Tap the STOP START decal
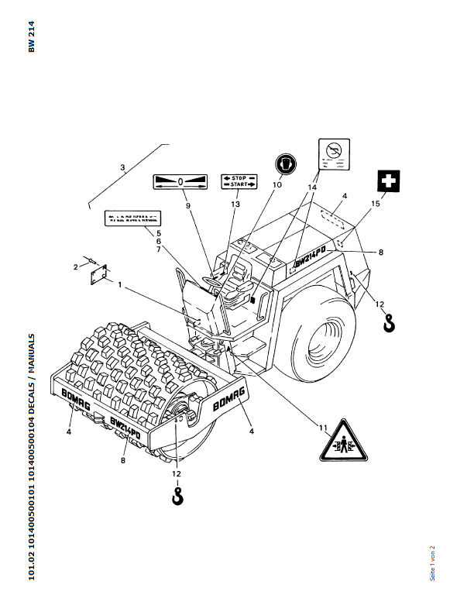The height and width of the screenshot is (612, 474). coord(239,181)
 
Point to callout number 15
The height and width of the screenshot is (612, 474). coord(376,204)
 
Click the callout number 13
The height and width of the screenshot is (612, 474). coord(236,204)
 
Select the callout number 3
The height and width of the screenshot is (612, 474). coord(123,167)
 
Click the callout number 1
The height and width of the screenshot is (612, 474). coord(121,285)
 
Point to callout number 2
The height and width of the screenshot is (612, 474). coord(76,266)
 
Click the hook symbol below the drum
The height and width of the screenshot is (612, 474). coord(178,494)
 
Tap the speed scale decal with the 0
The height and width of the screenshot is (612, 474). coord(180,182)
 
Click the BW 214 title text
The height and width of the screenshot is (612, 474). coord(31,37)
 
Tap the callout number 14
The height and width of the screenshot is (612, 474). coord(313,188)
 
